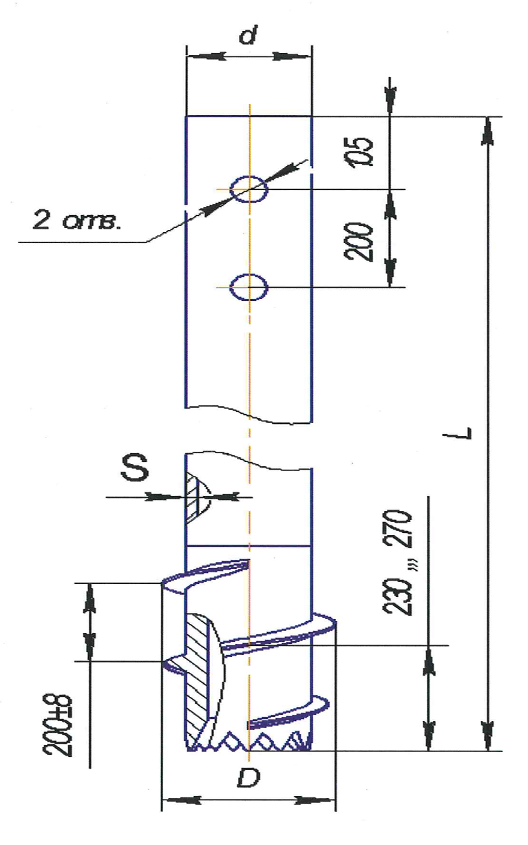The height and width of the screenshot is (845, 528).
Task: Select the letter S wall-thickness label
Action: [135, 468]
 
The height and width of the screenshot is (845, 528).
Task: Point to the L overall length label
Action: [463, 433]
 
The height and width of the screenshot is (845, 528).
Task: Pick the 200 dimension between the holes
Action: [358, 242]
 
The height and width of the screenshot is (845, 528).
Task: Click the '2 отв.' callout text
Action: [78, 220]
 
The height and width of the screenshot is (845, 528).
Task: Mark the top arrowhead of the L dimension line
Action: [488, 131]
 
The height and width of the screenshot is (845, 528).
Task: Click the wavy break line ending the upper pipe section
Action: [249, 415]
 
